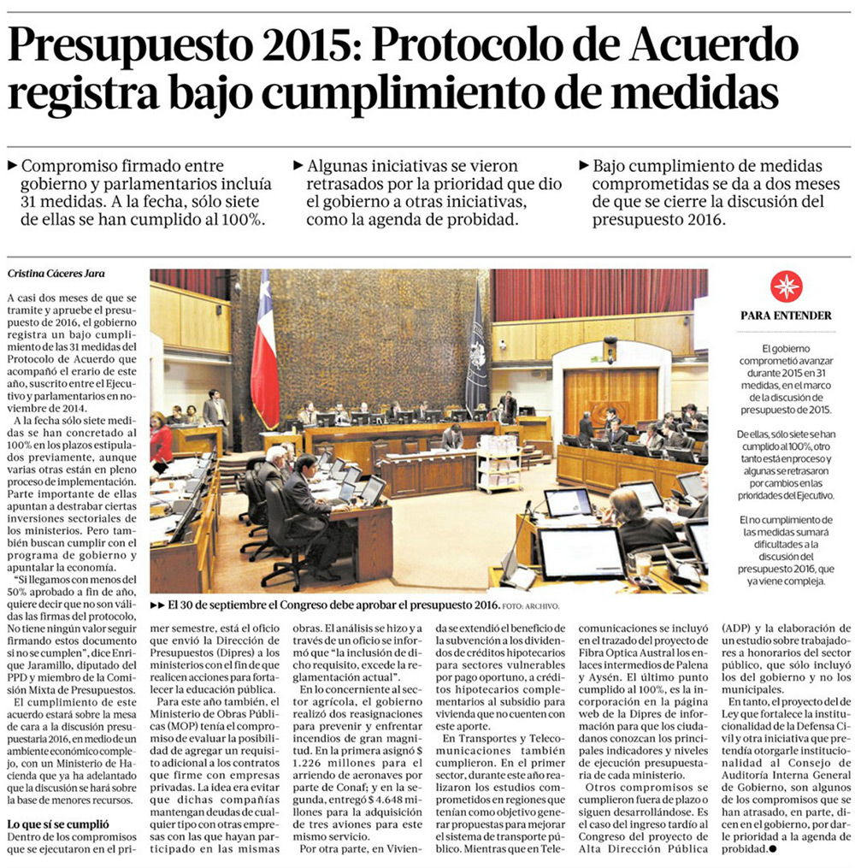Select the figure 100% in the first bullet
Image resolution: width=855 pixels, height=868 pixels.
(x=240, y=219)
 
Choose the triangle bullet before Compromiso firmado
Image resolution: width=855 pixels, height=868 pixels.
(x=10, y=165)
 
